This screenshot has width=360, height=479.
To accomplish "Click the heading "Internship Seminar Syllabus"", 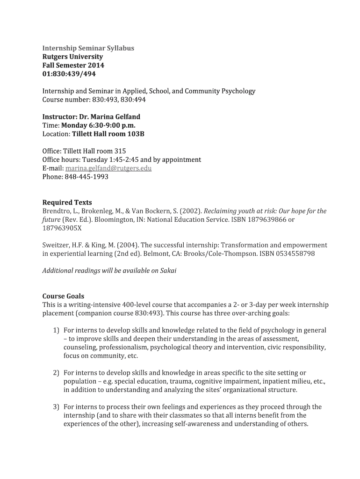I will point(88,48).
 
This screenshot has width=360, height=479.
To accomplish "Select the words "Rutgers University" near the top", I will point(72,57).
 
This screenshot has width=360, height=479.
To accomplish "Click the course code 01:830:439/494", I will point(69,74).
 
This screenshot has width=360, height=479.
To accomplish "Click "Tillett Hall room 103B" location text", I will point(108,134).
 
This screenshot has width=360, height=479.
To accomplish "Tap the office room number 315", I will point(120,151).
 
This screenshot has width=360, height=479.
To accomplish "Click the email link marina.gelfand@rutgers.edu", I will point(108,168).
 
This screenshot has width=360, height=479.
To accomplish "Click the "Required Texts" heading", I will point(67,203).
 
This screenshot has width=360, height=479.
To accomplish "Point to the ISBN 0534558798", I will point(295,254).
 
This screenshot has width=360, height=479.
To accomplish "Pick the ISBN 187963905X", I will point(62,228).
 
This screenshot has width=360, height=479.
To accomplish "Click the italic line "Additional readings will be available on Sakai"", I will point(109,271).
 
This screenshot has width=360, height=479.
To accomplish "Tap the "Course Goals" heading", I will point(63,296).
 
